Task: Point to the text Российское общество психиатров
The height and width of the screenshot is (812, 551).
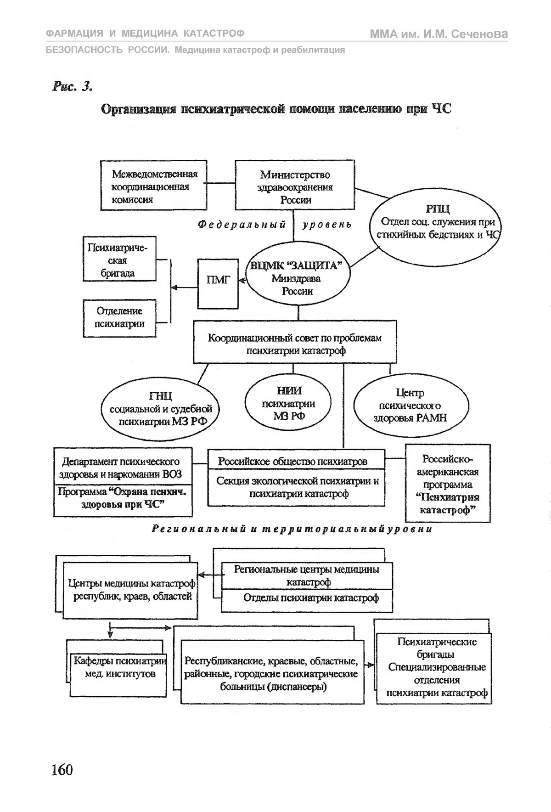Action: coord(293,462)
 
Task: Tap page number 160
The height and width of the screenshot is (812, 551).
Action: coord(62,769)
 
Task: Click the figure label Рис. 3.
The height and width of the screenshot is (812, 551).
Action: coord(72,86)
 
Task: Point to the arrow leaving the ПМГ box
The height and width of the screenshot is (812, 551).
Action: coord(184,288)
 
